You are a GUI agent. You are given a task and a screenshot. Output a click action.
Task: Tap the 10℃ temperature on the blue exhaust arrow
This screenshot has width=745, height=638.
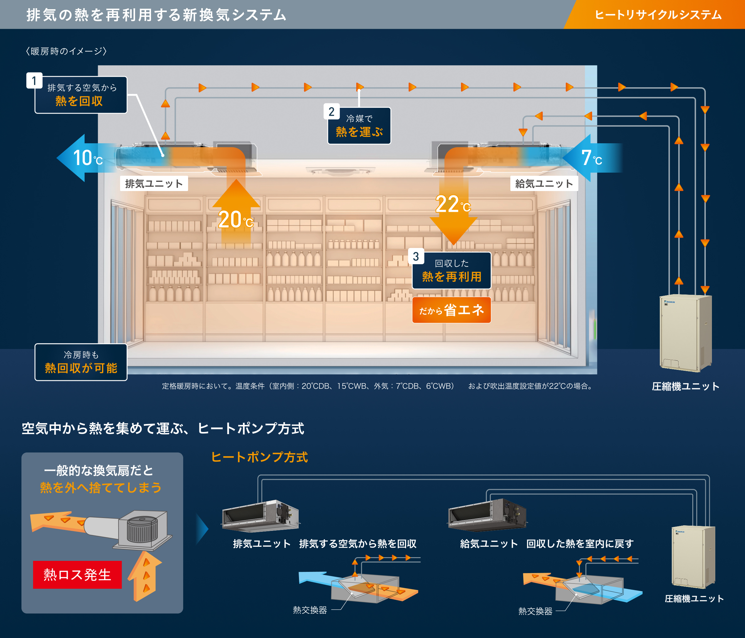coord(87,158)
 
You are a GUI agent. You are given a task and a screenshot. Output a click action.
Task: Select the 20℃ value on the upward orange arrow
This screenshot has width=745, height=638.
coord(236,220)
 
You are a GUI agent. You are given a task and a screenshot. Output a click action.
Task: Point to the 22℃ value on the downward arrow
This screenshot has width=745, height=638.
coord(452,205)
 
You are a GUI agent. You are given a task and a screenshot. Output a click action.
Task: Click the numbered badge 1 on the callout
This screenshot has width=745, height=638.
coord(34,81)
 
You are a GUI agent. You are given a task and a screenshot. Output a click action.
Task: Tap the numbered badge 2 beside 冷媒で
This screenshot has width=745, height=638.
coord(331,112)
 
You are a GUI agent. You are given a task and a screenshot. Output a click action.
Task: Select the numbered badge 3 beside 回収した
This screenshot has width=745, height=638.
coord(416,257)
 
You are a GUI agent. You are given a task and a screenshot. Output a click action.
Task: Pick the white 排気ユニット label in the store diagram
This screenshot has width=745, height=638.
coord(154,184)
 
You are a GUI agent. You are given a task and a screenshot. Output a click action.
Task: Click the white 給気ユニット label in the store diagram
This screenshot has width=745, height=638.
coord(544,184)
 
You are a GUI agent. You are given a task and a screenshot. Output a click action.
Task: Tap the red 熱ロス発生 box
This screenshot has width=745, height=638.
coord(77,574)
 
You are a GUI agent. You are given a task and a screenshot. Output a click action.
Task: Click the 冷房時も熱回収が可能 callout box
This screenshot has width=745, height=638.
coord(81,362)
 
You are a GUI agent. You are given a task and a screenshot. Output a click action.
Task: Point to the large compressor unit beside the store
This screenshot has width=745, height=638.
coord(685,332)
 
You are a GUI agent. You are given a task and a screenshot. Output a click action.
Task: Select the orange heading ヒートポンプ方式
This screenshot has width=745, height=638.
coord(259,457)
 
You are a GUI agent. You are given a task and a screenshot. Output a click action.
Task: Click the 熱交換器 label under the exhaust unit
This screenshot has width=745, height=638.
coord(310,610)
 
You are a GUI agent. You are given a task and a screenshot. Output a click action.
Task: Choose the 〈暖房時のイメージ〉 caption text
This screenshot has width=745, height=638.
coord(66,51)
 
